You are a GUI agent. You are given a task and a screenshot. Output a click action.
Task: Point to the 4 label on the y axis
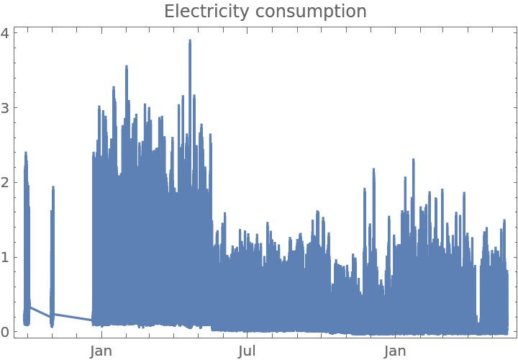tap(6, 33)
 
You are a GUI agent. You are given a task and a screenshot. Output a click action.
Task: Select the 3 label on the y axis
tap(6, 108)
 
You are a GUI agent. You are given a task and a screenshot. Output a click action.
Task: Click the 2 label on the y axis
tap(6, 182)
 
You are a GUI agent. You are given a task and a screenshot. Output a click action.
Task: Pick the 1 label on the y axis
tap(6, 257)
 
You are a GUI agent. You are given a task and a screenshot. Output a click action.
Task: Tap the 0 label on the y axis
tap(6, 332)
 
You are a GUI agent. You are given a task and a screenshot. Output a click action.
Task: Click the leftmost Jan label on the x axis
tap(101, 351)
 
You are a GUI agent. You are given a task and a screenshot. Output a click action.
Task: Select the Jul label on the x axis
tap(247, 351)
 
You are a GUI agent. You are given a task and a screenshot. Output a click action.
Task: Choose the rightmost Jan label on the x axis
tap(395, 351)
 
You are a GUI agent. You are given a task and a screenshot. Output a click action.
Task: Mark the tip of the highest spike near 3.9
tap(190, 40)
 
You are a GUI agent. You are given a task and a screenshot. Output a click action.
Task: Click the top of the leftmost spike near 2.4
tap(26, 152)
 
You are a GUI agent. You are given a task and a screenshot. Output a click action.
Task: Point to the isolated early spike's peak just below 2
tap(53, 186)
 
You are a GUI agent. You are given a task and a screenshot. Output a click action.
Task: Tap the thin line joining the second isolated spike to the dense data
tap(72, 317)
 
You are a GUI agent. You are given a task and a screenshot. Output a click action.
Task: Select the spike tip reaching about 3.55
tap(127, 66)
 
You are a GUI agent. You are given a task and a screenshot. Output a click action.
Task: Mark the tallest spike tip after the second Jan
tap(414, 159)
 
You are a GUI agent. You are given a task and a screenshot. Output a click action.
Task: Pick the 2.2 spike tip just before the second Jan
tap(374, 168)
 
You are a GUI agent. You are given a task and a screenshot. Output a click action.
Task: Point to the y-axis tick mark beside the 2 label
tap(16, 182)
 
